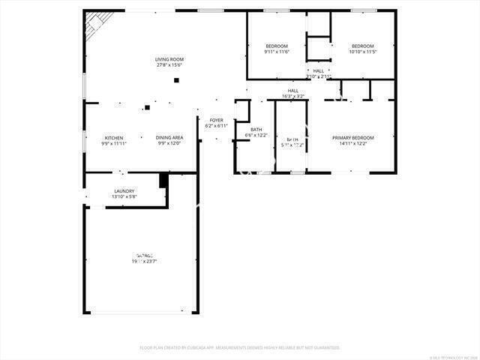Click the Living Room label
tap(169, 59)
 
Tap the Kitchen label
tap(114, 137)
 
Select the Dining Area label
tap(169, 137)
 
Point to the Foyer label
tap(216, 120)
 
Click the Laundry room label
tap(124, 191)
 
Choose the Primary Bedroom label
tap(353, 137)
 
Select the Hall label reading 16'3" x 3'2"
tap(293, 96)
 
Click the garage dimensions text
tap(144, 261)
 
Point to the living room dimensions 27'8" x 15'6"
tap(169, 65)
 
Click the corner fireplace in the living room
tap(95, 24)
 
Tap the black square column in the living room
tap(177, 80)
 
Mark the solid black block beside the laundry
tap(163, 181)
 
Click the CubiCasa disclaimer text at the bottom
tap(240, 347)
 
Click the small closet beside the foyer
tap(241, 110)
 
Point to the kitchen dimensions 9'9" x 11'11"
tap(114, 143)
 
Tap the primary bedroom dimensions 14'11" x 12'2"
tap(353, 143)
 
